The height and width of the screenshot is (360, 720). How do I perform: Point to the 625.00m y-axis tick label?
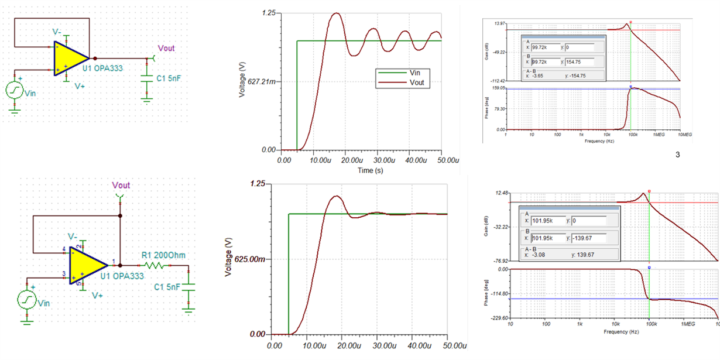point(249,259)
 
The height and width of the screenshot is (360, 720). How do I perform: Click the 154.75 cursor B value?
point(577,61)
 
